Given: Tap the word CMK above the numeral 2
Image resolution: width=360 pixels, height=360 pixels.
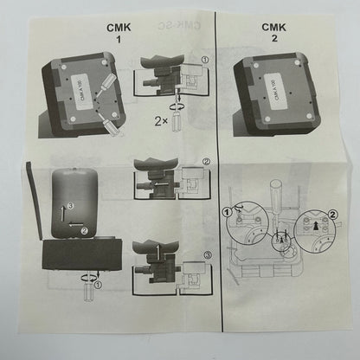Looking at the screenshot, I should click(274, 27).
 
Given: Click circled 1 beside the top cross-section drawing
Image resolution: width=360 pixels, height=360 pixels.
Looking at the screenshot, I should click(204, 61).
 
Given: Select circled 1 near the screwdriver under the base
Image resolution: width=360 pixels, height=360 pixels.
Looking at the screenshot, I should click(97, 282).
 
